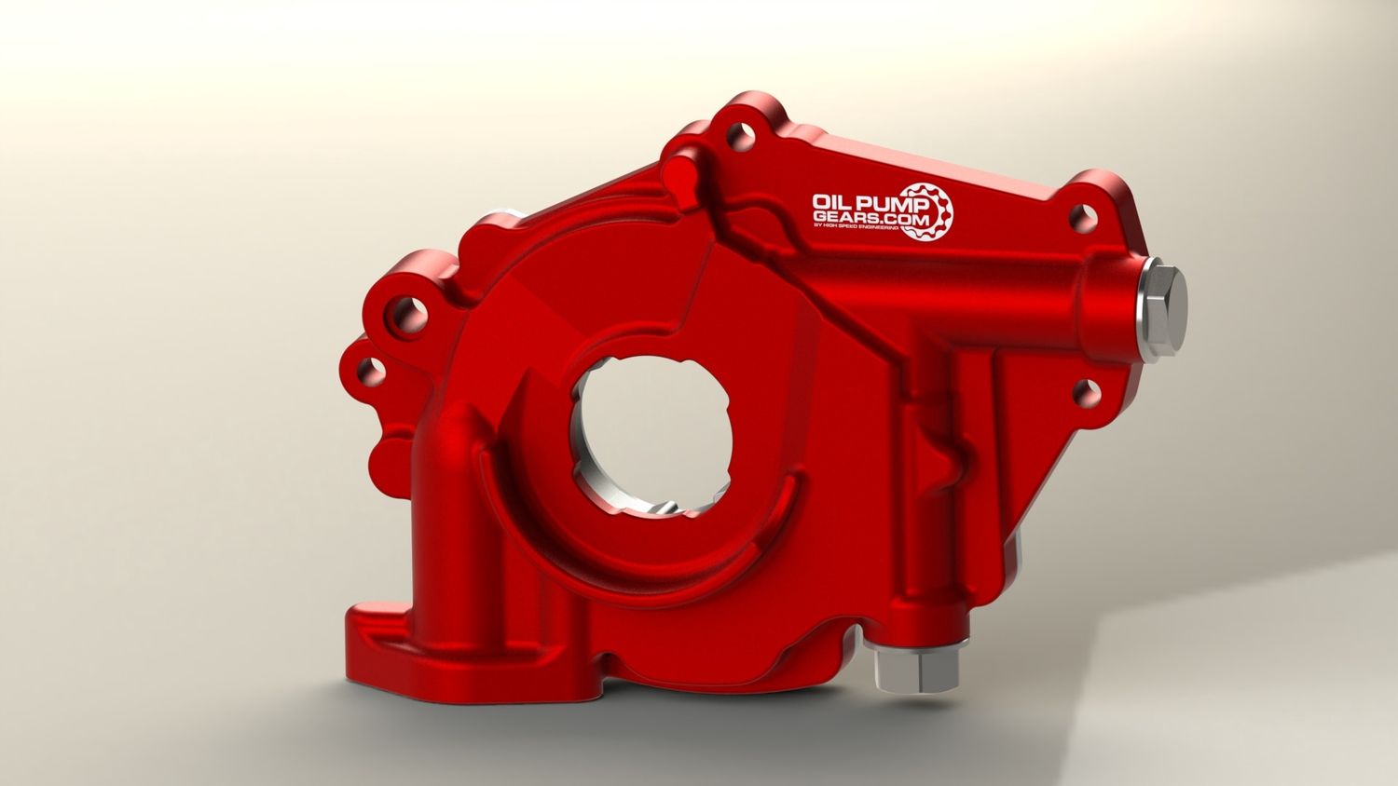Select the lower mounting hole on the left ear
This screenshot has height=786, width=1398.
[372, 372]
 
